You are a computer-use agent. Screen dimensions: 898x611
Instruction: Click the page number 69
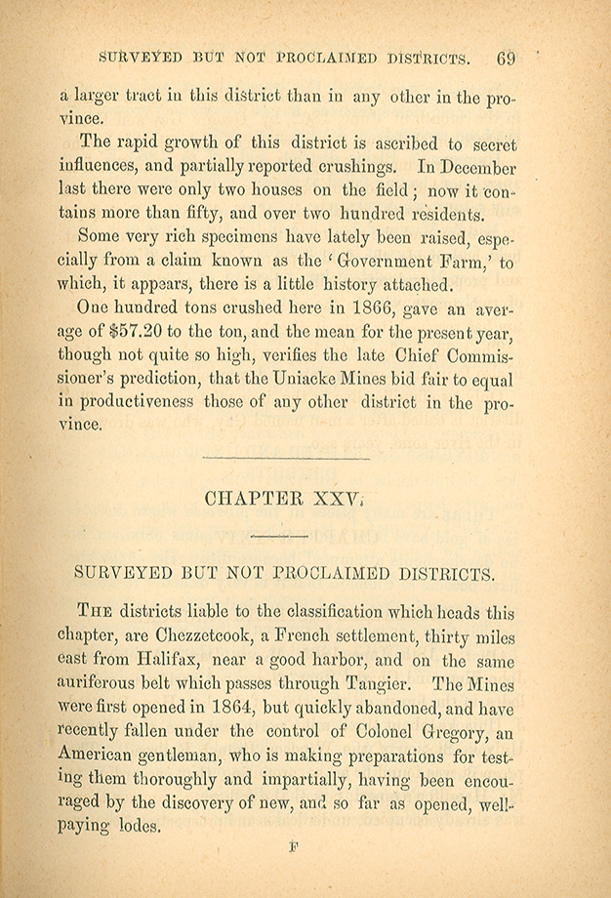pyautogui.click(x=505, y=58)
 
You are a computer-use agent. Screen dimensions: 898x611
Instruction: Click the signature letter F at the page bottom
pyautogui.click(x=293, y=848)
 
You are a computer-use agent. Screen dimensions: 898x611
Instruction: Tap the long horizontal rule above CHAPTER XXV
pyautogui.click(x=285, y=457)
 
